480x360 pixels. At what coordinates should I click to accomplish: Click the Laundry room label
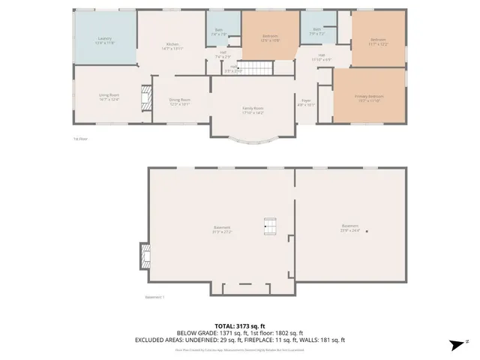click(103, 39)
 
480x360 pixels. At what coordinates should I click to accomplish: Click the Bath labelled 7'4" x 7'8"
click(218, 32)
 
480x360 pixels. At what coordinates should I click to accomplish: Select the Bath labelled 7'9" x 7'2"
click(316, 32)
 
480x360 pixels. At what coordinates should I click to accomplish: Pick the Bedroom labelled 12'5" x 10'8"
click(270, 37)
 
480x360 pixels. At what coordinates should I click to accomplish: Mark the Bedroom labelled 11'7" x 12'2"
click(378, 41)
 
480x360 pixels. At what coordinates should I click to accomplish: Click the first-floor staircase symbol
click(257, 69)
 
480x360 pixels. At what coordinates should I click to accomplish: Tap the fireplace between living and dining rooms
click(145, 97)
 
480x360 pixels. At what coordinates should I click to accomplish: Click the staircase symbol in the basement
click(270, 225)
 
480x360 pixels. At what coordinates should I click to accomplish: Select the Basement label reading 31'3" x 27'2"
click(222, 229)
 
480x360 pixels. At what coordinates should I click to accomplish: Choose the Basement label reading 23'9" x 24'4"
click(350, 227)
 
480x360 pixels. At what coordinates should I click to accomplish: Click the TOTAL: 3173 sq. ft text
click(239, 326)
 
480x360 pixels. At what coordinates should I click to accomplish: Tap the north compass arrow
click(454, 344)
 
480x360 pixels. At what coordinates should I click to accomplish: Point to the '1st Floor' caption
click(79, 139)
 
